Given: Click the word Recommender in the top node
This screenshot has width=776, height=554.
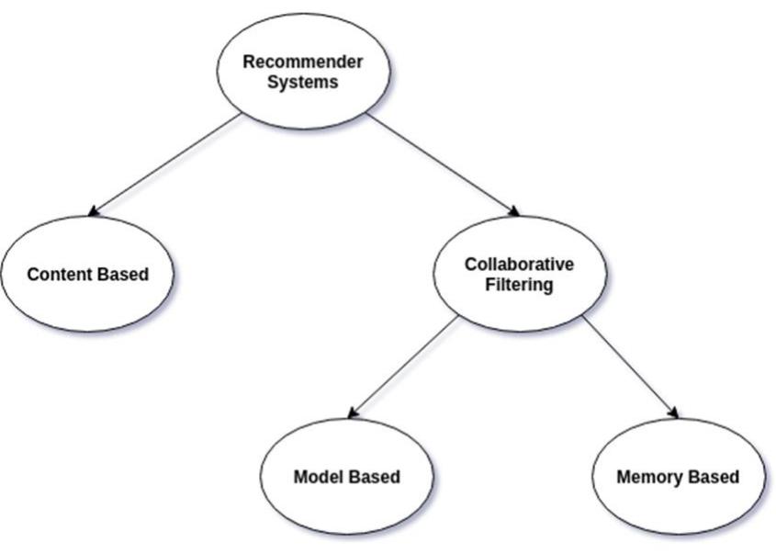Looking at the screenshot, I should pyautogui.click(x=302, y=62).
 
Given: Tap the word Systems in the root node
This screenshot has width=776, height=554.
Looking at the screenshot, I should pyautogui.click(x=302, y=82).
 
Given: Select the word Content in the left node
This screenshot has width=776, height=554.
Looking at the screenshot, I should pyautogui.click(x=60, y=274).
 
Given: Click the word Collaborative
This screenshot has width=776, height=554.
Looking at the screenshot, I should pyautogui.click(x=519, y=265).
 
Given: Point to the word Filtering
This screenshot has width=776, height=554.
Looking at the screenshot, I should pyautogui.click(x=519, y=285).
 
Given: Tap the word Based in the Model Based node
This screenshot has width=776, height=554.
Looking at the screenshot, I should pyautogui.click(x=374, y=477).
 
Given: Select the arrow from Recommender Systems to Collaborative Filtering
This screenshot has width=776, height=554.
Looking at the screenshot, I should pyautogui.click(x=441, y=163).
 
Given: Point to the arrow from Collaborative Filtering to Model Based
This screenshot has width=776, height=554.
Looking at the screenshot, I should pyautogui.click(x=404, y=366).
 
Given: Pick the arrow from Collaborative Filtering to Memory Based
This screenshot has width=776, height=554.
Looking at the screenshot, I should pyautogui.click(x=629, y=366).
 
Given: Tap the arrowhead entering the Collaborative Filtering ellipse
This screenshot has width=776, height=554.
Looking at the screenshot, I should pyautogui.click(x=514, y=212).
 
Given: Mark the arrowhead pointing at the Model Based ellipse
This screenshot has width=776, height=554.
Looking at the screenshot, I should pyautogui.click(x=354, y=414).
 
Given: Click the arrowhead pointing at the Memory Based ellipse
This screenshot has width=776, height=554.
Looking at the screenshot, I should pyautogui.click(x=674, y=414).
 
